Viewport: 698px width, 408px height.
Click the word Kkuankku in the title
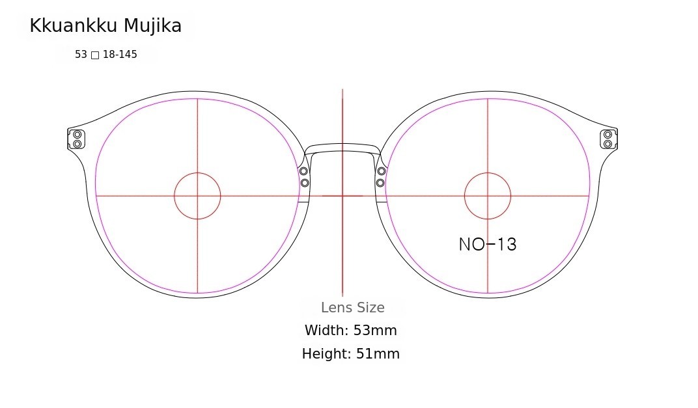point(74,26)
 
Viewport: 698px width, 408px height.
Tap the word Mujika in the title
point(152,27)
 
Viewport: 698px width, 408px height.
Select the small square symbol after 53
point(95,55)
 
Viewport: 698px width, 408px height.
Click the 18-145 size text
point(120,54)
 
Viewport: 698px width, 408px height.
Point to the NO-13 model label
point(488,244)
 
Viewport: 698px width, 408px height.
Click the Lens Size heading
point(352,307)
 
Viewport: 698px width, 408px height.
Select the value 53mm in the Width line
point(375,330)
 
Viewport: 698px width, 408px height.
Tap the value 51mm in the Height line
point(378,354)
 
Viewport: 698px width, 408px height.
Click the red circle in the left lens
point(197,172)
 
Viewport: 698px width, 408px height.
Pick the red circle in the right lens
point(488,172)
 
